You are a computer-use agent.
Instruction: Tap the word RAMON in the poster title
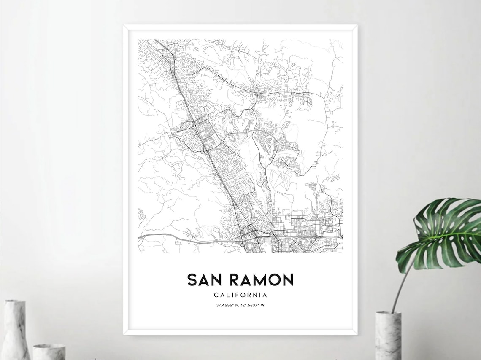click(x=261, y=280)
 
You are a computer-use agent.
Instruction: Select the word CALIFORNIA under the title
click(x=240, y=295)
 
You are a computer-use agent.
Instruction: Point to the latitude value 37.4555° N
click(x=228, y=305)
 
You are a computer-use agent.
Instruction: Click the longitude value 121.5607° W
click(x=253, y=305)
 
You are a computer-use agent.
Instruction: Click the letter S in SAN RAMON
click(x=192, y=280)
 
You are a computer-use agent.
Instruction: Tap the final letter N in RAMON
click(x=288, y=280)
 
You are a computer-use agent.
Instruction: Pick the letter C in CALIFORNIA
click(x=215, y=295)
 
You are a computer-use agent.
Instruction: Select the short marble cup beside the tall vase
click(x=49, y=352)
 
